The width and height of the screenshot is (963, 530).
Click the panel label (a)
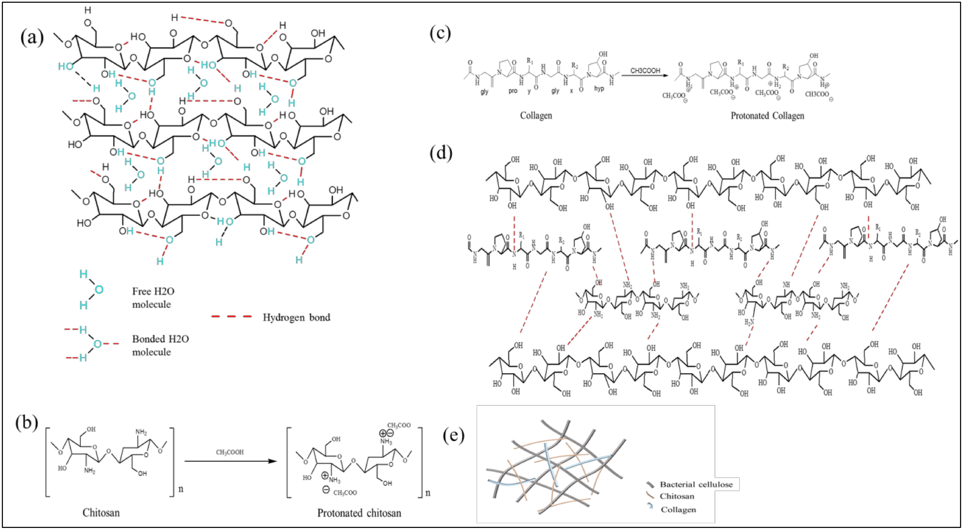coord(32,38)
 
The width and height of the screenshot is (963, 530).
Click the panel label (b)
coord(27,423)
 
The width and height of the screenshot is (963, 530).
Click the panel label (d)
coord(441,153)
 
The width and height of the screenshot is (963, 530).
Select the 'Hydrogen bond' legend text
coord(296,317)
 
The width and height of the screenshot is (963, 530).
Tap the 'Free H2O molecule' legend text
coord(153,297)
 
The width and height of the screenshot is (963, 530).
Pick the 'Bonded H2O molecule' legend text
coord(160,345)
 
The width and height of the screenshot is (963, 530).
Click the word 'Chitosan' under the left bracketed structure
coord(101,512)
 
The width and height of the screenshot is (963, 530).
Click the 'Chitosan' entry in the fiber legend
coord(677,496)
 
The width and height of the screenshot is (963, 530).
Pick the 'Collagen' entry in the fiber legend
coord(678,510)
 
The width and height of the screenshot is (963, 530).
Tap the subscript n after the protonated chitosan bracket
coord(428,493)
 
